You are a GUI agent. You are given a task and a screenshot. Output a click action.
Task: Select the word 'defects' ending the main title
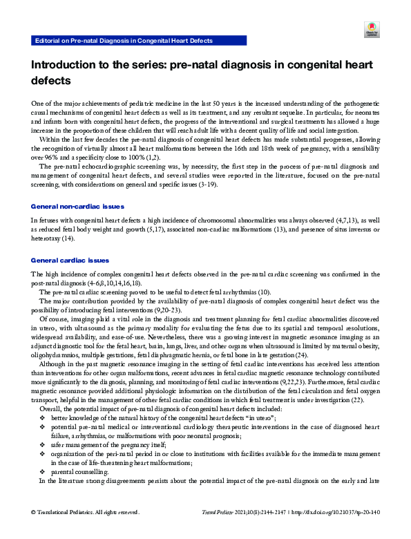[x=50, y=80]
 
